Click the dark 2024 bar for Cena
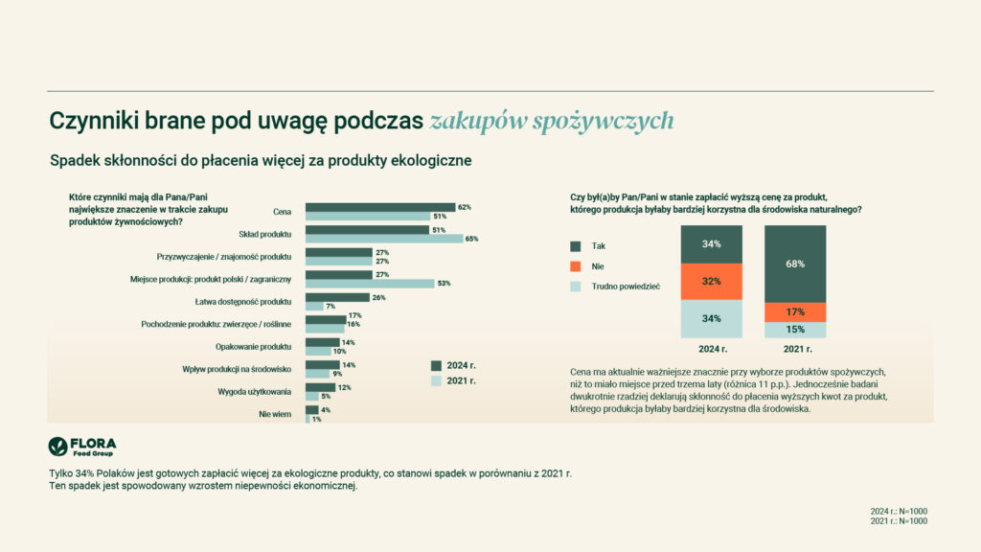380,207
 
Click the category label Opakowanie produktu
257,346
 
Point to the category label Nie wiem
274,414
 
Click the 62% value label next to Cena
465,207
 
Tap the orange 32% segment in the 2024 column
712,282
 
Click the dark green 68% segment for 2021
794,264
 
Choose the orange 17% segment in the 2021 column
794,311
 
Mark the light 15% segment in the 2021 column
794,330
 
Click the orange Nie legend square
575,265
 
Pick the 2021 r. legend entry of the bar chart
460,380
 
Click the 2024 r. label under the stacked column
712,350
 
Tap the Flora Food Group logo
82,448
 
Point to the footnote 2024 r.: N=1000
899,511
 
